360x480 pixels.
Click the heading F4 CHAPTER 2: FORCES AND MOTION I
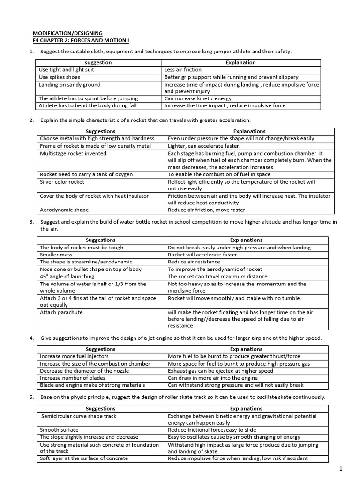(81, 41)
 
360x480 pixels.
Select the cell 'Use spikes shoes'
(60, 77)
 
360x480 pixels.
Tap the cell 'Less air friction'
(183, 69)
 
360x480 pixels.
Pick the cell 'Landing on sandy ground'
(69, 85)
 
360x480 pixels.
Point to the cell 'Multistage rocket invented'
(73, 153)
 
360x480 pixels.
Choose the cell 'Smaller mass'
(56, 255)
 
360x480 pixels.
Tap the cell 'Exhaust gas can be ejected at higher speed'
(220, 371)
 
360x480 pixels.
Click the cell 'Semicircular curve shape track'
(79, 416)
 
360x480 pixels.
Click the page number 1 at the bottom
(341, 469)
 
